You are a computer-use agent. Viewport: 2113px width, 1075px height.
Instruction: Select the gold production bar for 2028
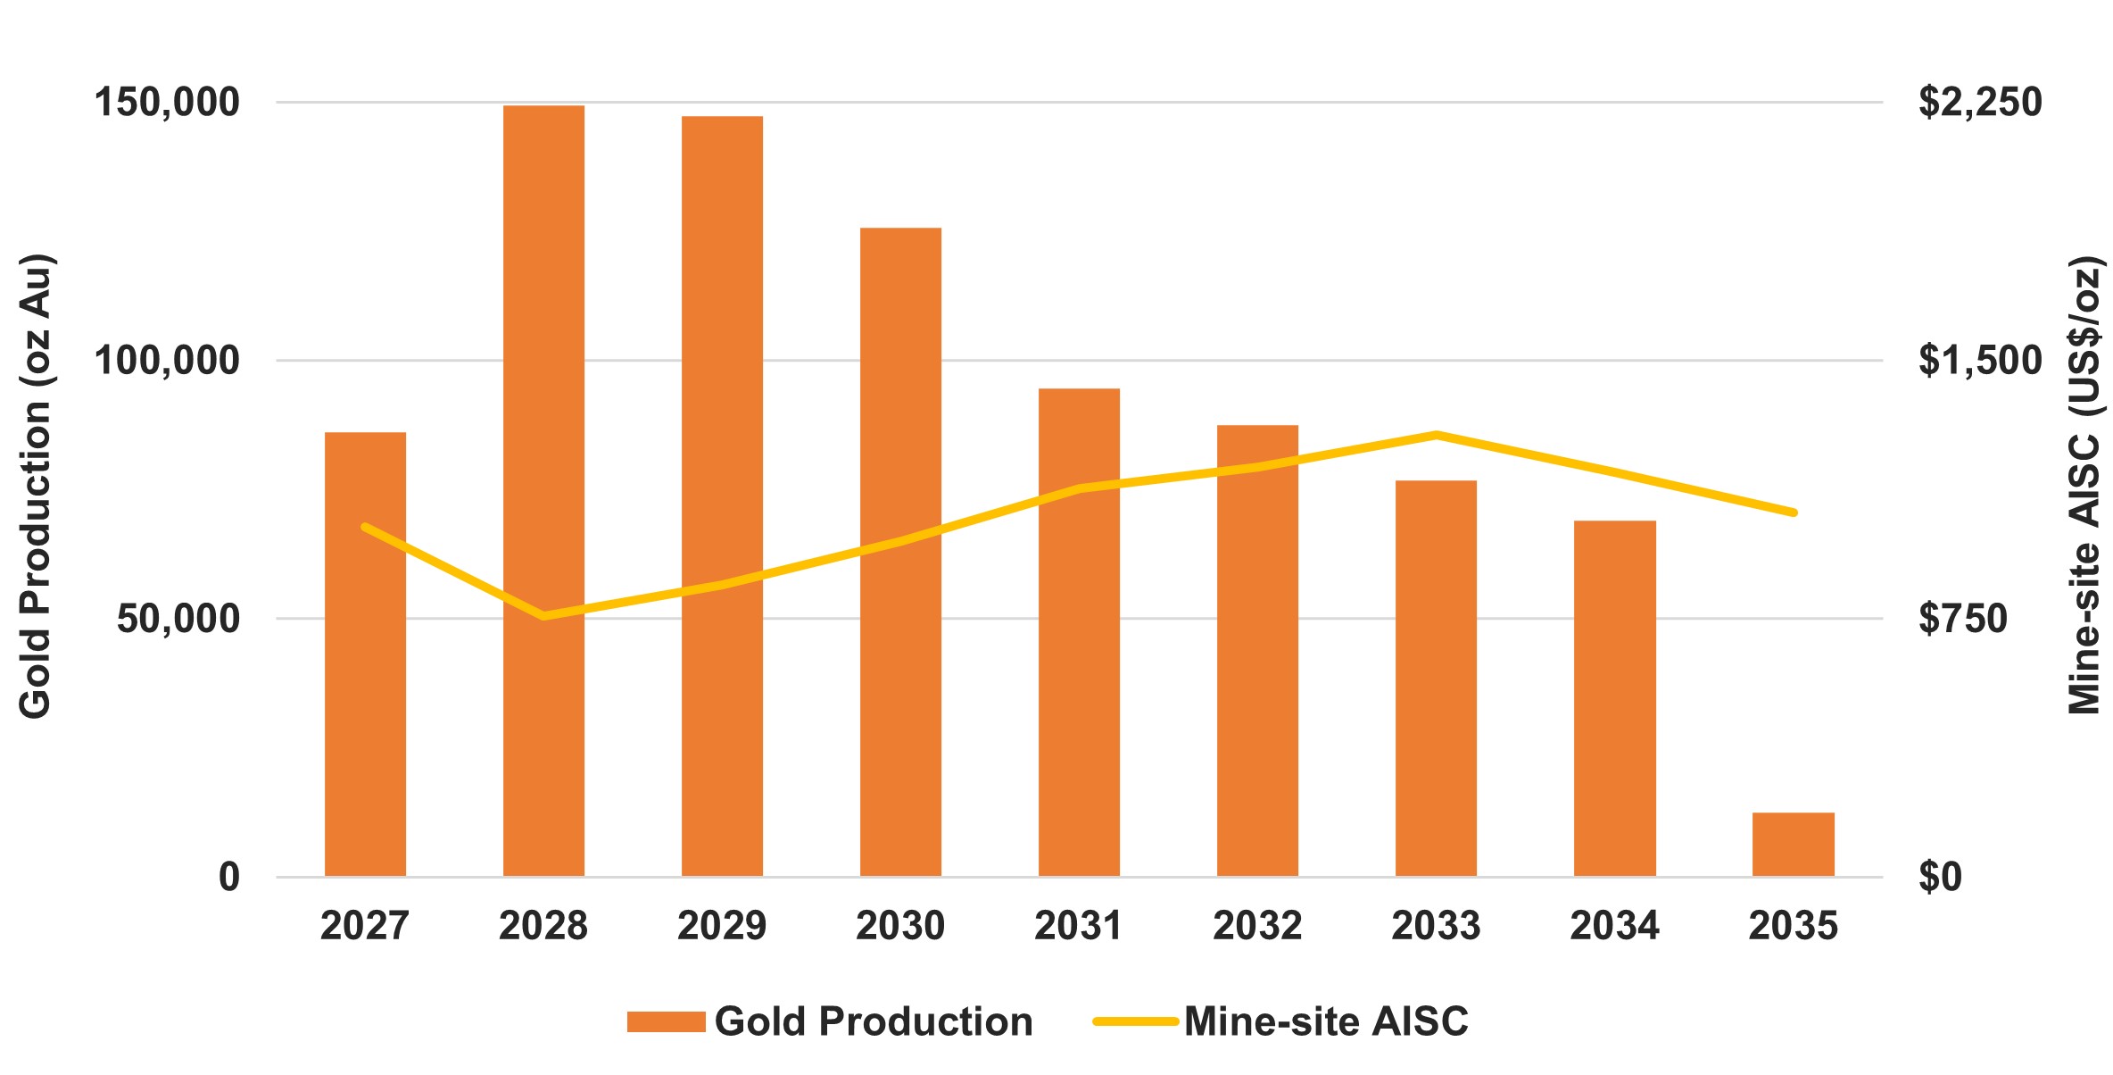click(x=543, y=491)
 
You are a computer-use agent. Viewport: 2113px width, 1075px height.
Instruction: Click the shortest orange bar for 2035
click(x=1793, y=844)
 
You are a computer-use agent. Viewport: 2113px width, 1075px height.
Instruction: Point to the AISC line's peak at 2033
click(x=1436, y=435)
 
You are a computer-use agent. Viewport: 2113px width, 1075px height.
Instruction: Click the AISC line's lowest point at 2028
click(x=543, y=616)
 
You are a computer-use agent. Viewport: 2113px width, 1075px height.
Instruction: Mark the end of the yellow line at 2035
click(x=1793, y=512)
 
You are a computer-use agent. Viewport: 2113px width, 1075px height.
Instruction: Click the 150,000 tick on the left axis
click(x=167, y=102)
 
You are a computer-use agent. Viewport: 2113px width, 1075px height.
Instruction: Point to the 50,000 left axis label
click(x=178, y=618)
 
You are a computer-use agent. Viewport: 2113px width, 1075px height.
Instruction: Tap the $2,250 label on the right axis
click(x=1980, y=102)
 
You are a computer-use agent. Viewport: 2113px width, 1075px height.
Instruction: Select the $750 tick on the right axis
click(x=1962, y=618)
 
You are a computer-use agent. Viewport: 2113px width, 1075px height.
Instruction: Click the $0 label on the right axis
click(x=1940, y=877)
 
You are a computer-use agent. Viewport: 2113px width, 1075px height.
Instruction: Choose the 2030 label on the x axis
click(x=900, y=925)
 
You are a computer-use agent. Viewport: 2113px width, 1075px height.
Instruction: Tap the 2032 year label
click(x=1257, y=925)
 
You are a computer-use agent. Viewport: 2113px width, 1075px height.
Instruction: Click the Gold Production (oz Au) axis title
click(x=36, y=487)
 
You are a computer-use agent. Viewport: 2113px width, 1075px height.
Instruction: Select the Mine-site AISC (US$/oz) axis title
click(x=2084, y=487)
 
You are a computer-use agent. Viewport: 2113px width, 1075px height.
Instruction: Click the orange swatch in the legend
click(x=666, y=1021)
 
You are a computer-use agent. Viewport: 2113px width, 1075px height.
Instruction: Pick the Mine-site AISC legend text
click(x=1325, y=1021)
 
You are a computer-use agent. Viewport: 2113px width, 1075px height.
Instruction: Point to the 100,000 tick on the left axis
click(x=167, y=360)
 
